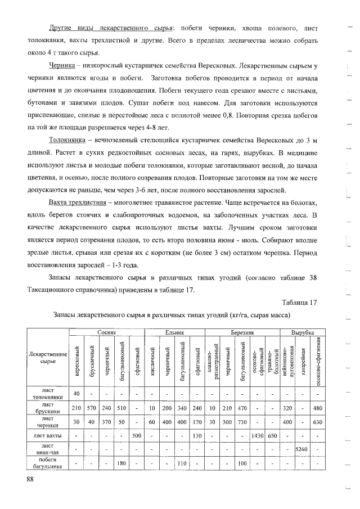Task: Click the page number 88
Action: (30, 479)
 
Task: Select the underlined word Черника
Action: (62, 66)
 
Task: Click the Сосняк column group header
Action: (106, 332)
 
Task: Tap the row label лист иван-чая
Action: (47, 449)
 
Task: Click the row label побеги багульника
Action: (47, 463)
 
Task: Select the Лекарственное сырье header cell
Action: (47, 358)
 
